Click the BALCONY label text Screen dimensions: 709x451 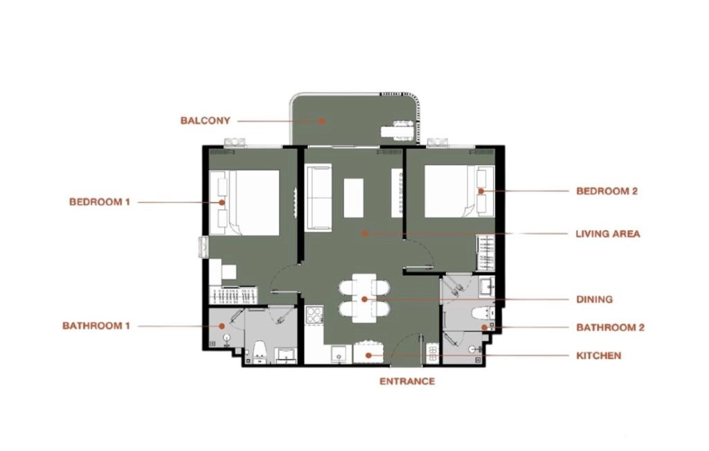[x=205, y=121]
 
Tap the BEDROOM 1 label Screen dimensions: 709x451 [x=100, y=202]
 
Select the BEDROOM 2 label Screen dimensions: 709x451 [x=607, y=191]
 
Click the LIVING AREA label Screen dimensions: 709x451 [x=608, y=234]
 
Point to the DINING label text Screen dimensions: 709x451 [x=594, y=299]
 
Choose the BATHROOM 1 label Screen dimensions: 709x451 [x=96, y=326]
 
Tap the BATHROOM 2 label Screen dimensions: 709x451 [x=610, y=328]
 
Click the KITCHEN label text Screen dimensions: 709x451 [x=599, y=355]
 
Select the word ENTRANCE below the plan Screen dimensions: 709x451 [x=407, y=381]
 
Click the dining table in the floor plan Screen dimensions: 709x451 [x=364, y=298]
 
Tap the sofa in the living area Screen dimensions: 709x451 [x=319, y=197]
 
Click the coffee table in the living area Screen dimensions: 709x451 [x=354, y=197]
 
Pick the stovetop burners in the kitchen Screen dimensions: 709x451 [x=314, y=315]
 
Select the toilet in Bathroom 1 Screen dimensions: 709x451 [x=260, y=352]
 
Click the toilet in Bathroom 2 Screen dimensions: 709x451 [x=478, y=312]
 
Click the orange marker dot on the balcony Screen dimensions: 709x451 [x=321, y=121]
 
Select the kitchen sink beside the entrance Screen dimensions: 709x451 [x=339, y=354]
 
